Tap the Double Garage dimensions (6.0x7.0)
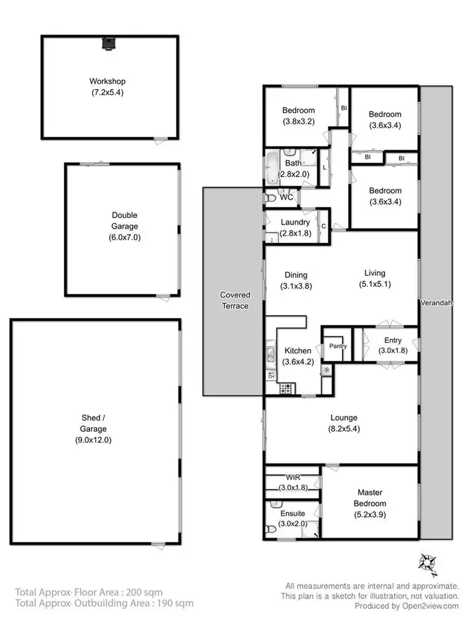click(124, 236)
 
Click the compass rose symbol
click(427, 562)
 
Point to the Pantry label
click(338, 346)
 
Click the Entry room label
click(393, 340)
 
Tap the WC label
click(286, 197)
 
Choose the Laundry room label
click(294, 222)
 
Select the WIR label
click(292, 477)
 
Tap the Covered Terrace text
click(235, 300)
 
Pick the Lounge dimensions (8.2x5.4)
click(343, 428)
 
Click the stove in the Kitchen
click(286, 388)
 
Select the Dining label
click(296, 275)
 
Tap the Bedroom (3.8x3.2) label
click(298, 110)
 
